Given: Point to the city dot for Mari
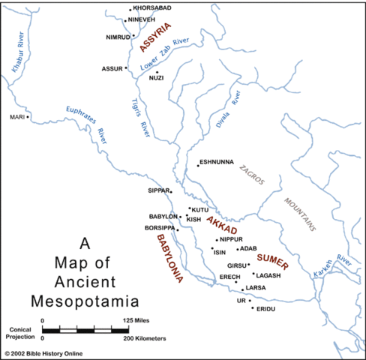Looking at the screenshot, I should click(x=28, y=117).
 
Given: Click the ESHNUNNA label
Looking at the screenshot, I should click(x=218, y=163).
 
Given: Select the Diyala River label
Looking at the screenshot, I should click(x=229, y=110).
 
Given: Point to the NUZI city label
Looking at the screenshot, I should click(x=156, y=78).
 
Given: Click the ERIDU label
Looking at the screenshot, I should click(x=267, y=309).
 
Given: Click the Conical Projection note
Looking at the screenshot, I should click(x=21, y=332).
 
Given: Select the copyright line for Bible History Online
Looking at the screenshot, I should click(x=43, y=353).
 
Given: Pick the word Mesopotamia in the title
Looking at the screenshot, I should click(x=84, y=302).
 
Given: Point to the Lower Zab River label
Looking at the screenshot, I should click(x=171, y=53).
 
